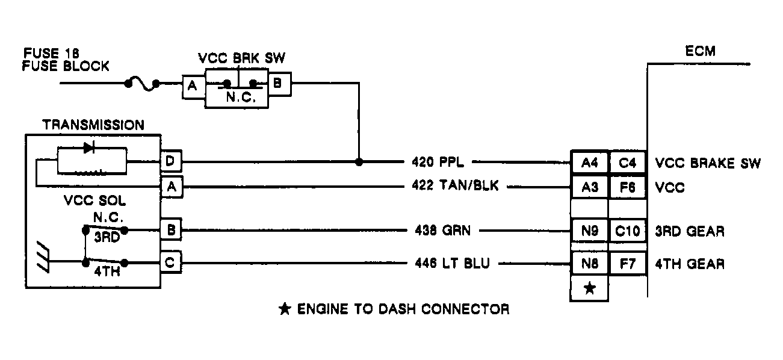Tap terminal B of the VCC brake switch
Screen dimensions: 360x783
277,84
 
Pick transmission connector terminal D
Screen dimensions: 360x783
171,162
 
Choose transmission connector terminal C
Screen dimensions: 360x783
171,262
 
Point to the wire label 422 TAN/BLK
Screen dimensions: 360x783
456,187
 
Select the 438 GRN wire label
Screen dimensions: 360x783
442,230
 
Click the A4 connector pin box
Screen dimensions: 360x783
589,162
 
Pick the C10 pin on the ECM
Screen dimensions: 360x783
628,231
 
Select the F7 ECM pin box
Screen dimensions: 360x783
628,262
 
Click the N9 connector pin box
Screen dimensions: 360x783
589,231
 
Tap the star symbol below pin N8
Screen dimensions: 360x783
589,288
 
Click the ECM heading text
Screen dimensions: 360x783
701,51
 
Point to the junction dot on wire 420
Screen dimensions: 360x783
359,162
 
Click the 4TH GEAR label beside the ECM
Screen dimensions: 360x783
689,263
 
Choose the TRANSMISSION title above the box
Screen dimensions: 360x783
93,125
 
